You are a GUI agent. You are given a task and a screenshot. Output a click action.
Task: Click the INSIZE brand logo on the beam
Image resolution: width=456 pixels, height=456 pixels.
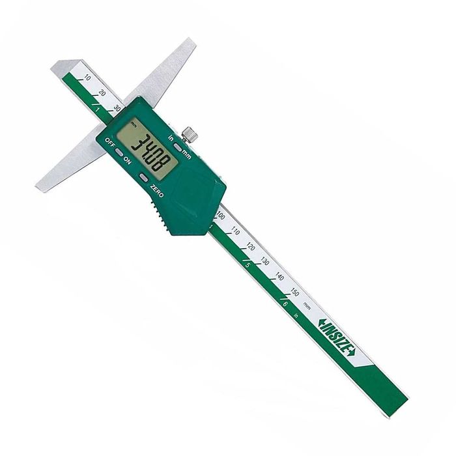(x=335, y=337)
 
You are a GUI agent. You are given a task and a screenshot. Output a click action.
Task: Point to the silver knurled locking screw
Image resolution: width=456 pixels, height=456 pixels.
(x=189, y=135)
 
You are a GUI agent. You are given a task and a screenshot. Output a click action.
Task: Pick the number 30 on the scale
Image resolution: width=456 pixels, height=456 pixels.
(x=117, y=107)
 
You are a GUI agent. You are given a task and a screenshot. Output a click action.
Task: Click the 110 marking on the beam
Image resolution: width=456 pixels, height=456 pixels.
(x=235, y=231)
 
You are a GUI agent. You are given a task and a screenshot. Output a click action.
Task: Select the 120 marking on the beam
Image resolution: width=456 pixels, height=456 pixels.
(x=250, y=247)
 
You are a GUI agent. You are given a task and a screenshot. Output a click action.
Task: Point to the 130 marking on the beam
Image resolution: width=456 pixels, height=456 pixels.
(x=264, y=262)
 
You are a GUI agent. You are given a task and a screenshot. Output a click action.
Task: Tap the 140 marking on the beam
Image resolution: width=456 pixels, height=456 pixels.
(x=279, y=277)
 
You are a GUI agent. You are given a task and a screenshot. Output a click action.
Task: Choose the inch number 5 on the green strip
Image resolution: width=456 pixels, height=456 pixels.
(x=248, y=265)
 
